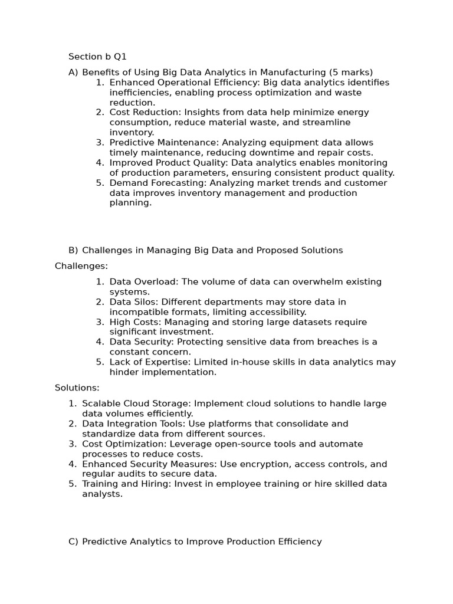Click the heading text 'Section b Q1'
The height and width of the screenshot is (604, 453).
97,57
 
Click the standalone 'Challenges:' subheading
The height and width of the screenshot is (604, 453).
81,266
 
